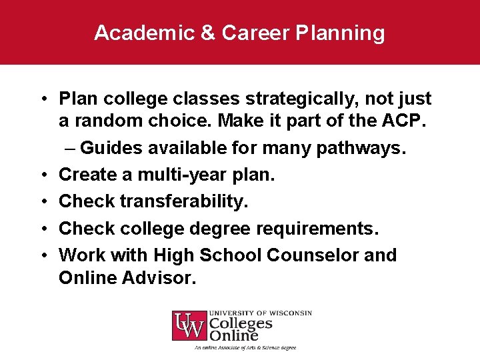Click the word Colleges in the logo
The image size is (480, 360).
coord(241,324)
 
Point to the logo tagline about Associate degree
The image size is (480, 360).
coord(245,347)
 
